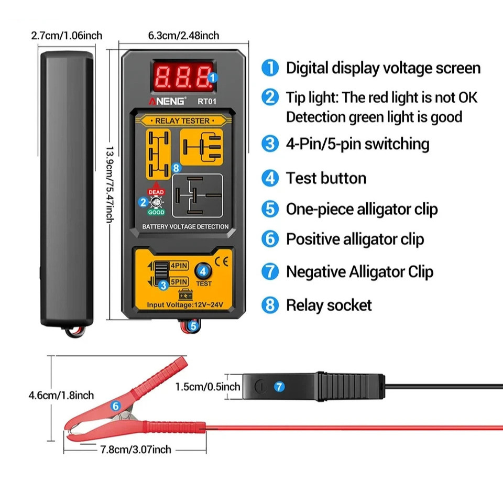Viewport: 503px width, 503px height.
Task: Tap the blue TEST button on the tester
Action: coord(203,271)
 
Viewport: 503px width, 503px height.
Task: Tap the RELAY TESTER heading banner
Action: coord(182,121)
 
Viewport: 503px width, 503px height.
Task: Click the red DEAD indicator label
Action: coord(156,192)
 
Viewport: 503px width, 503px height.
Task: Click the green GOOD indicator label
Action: coord(156,212)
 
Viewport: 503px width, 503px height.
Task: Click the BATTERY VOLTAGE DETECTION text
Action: coord(185,227)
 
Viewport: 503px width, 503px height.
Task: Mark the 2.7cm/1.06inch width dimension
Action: coord(67,36)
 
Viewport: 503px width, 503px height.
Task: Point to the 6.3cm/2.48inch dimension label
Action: coord(183,36)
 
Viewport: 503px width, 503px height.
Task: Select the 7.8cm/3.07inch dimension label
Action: coord(136,449)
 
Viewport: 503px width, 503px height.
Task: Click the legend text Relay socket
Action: coord(329,305)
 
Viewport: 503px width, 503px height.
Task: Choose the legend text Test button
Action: coord(326,178)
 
